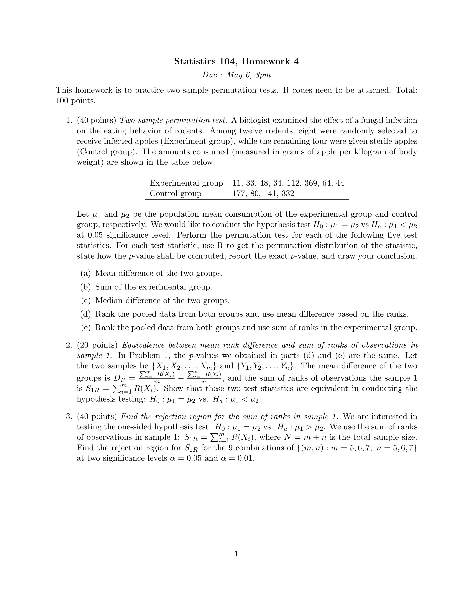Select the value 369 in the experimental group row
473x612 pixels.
pyautogui.click(x=310, y=183)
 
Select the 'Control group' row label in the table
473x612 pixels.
pyautogui.click(x=175, y=193)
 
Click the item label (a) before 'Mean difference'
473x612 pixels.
pyautogui.click(x=86, y=273)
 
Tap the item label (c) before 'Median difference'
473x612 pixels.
pyautogui.click(x=86, y=300)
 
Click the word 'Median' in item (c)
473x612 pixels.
pyautogui.click(x=109, y=300)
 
